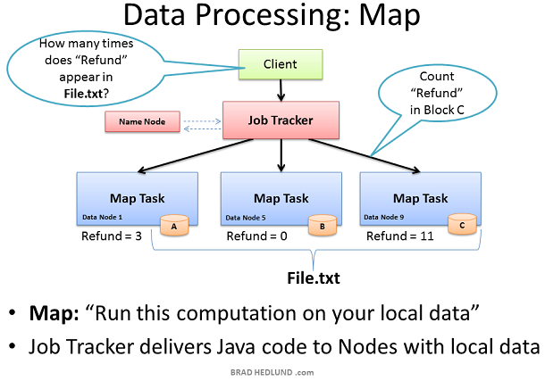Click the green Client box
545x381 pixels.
click(281, 64)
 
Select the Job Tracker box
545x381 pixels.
click(281, 120)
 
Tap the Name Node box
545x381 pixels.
click(143, 121)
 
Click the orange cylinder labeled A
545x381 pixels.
click(174, 226)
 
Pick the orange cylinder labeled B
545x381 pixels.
click(323, 226)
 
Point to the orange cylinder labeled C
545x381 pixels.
click(462, 224)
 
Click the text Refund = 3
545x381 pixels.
click(112, 236)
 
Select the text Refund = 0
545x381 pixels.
click(256, 236)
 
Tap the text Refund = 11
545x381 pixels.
click(400, 236)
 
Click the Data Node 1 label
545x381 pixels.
click(102, 217)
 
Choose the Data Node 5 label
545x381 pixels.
click(246, 218)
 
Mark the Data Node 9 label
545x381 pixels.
click(383, 217)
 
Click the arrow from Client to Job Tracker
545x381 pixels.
click(281, 90)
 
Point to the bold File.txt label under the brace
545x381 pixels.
click(314, 278)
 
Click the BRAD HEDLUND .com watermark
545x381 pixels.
click(272, 372)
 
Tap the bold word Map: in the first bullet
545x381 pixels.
click(54, 313)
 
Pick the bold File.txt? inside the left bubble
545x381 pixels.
click(86, 94)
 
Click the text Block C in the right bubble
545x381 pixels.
click(445, 110)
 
